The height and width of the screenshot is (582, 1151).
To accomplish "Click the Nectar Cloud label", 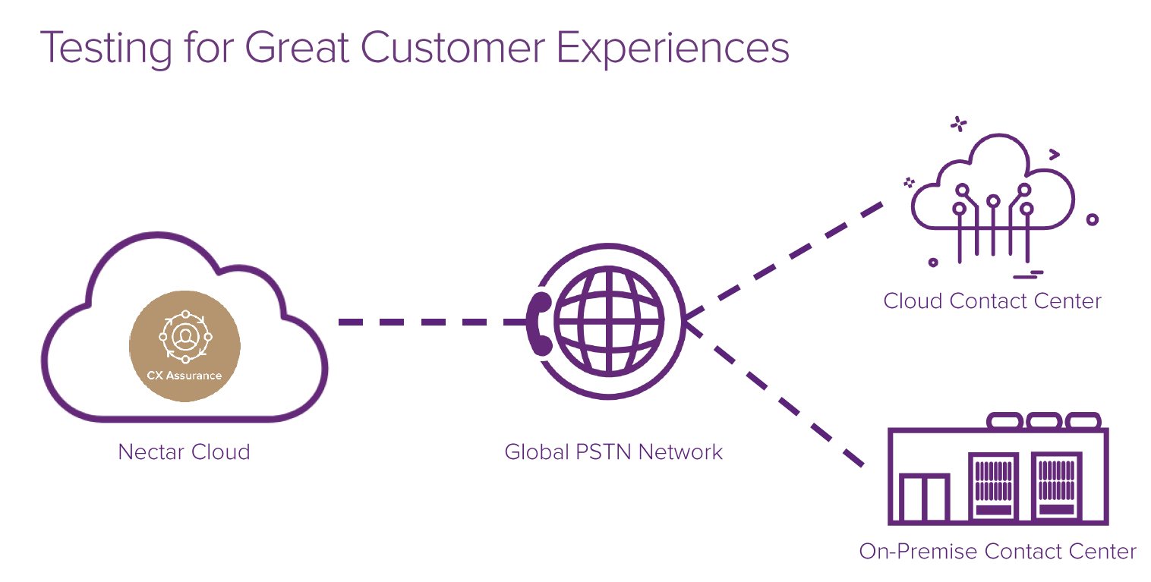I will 184,452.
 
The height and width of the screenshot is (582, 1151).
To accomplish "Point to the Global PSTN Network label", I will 613,452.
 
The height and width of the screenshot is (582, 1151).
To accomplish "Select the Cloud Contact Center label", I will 992,300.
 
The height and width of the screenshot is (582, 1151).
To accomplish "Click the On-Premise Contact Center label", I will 998,551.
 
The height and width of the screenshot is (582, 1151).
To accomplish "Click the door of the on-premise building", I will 923,498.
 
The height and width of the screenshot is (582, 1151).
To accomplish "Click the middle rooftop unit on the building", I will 1043,420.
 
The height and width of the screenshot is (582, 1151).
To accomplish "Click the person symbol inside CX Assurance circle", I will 184,335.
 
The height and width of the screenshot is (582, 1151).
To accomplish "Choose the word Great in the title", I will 297,47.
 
